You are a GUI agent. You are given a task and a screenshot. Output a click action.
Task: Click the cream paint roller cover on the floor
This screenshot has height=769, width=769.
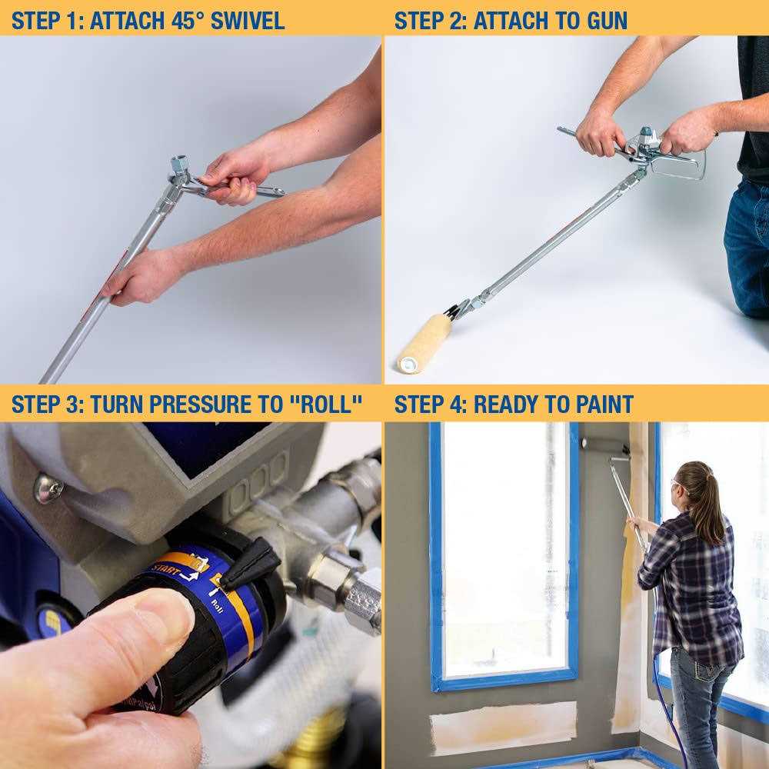click(424, 341)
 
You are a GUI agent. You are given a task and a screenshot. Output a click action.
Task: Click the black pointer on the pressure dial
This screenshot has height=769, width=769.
click(250, 565)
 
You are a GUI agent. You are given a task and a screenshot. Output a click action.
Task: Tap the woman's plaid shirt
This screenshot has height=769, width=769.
click(692, 584)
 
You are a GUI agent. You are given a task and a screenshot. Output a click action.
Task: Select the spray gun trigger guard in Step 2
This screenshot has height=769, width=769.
click(681, 165)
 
